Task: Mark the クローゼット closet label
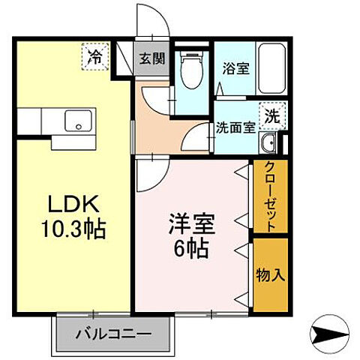(x=271, y=196)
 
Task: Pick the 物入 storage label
(x=271, y=274)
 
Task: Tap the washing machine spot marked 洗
(x=271, y=115)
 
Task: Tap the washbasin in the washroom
(x=267, y=143)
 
